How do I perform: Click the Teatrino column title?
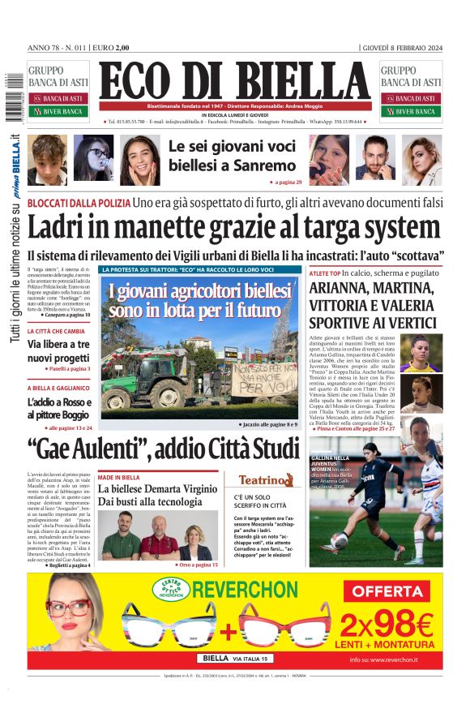[x=265, y=480]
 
